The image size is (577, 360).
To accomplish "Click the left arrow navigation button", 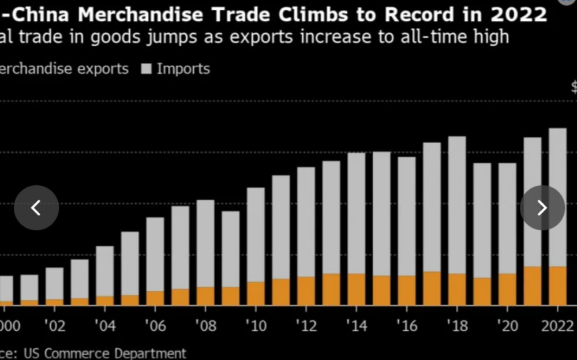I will [x=36, y=208].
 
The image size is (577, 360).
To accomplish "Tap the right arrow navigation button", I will [x=542, y=208].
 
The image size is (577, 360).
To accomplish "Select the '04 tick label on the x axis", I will [x=104, y=327].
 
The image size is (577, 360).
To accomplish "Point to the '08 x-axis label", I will [x=205, y=327].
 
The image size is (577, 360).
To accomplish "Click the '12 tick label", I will [x=306, y=327].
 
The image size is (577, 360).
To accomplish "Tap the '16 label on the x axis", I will [x=407, y=327].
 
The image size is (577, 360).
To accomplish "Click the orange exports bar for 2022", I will [x=557, y=286].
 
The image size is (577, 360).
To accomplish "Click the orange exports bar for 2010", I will [x=256, y=293].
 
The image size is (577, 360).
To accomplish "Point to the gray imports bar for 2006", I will [x=155, y=254].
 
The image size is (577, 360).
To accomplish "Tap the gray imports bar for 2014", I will [x=357, y=213].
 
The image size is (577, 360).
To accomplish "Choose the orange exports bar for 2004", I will [x=105, y=300].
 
